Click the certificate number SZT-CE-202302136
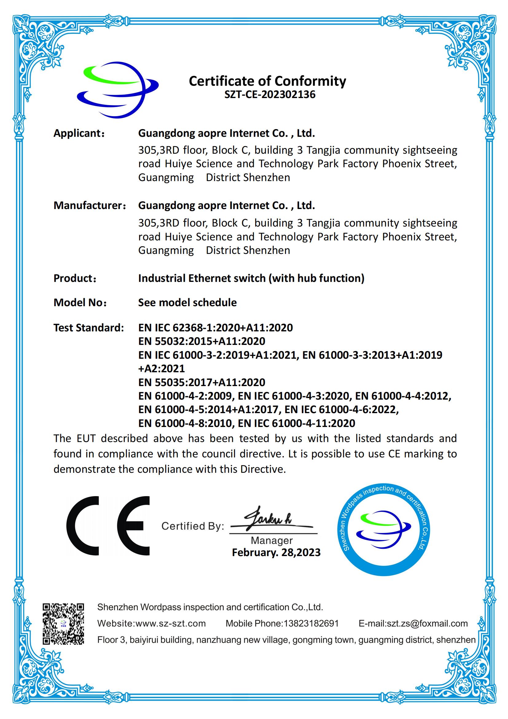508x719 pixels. [x=270, y=95]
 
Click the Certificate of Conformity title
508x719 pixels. [x=268, y=81]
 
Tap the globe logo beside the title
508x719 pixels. [x=118, y=90]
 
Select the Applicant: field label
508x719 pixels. [x=79, y=133]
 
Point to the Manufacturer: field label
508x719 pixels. [x=90, y=206]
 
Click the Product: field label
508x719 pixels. [x=75, y=279]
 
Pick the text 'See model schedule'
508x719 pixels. [x=187, y=302]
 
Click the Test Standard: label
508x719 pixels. [x=89, y=328]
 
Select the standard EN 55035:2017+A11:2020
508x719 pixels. [x=202, y=382]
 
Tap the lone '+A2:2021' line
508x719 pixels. [x=162, y=369]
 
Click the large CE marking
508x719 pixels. [x=108, y=526]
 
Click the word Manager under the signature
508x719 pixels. [x=272, y=540]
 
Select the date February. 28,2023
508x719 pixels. [x=276, y=552]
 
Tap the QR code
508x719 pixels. [x=64, y=623]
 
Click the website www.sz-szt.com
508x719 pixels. [x=170, y=623]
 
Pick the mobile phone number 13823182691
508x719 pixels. [x=311, y=623]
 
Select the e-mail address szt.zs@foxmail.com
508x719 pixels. [x=427, y=623]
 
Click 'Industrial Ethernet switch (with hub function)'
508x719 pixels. [x=251, y=279]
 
